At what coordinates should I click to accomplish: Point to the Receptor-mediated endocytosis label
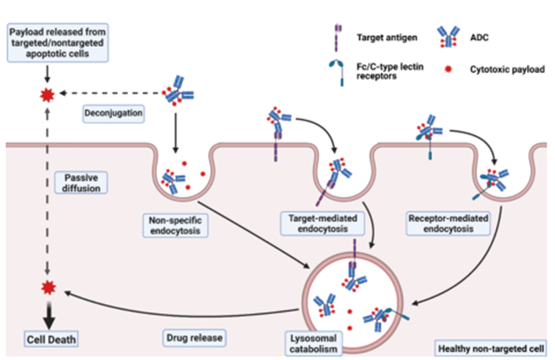tap(449, 224)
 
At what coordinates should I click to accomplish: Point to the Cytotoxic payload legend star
tap(450, 71)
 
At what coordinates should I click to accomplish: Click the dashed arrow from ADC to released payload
tap(111, 94)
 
